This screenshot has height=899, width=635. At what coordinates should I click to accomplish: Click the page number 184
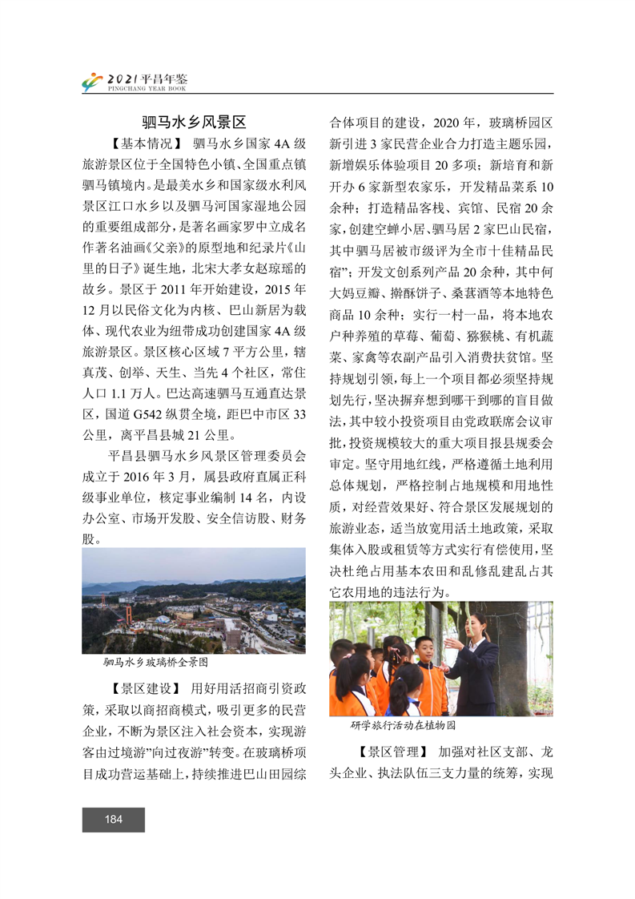click(113, 819)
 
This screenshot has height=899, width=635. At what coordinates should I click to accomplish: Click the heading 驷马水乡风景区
click(193, 123)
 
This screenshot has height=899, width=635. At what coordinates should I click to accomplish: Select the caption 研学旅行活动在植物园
click(403, 724)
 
